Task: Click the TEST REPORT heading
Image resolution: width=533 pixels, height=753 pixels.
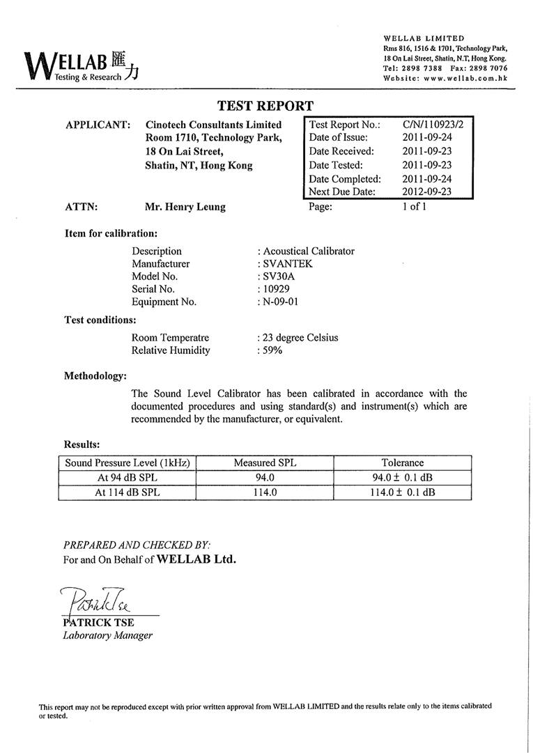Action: coord(265,106)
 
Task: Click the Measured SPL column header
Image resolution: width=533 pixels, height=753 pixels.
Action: coord(265,463)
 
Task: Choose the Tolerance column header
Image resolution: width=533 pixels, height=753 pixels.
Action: coord(402,463)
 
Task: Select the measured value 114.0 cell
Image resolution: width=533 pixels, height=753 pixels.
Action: coord(265,492)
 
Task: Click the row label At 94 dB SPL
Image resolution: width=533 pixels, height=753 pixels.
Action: coord(126,477)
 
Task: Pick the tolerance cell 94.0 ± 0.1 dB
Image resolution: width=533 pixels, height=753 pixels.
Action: coord(402,477)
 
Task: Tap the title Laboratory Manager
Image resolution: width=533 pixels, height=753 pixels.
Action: coord(108,635)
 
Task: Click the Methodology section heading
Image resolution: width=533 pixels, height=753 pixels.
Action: coord(95,376)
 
